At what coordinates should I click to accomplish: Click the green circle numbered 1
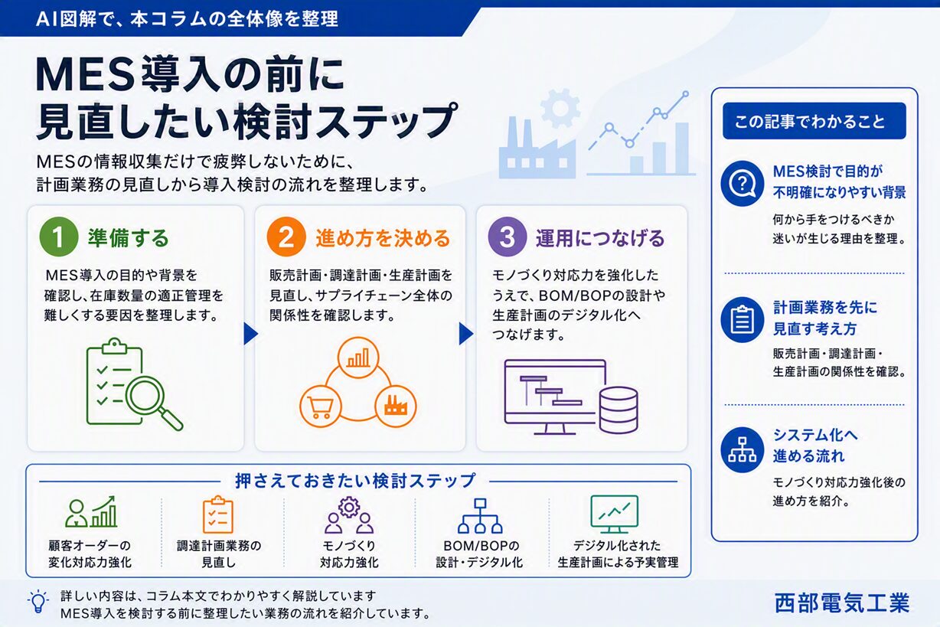coord(59,237)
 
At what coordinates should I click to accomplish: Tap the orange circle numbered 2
coord(286,237)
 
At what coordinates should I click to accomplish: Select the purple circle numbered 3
coord(508,237)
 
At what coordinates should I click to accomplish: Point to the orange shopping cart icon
coord(321,407)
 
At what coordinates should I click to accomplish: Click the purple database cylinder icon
coord(619,410)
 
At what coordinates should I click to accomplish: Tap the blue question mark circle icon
coord(743,184)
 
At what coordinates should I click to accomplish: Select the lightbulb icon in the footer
coord(38,602)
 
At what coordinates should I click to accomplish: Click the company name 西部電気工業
coord(842,603)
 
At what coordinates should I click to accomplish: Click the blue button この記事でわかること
coord(814,121)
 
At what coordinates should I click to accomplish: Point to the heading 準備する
coord(128,238)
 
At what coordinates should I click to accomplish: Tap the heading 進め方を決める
coord(383,238)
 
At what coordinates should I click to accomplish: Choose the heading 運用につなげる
coord(600,238)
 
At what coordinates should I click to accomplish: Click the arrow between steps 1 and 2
coord(250,334)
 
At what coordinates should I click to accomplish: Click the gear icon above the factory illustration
coord(560,108)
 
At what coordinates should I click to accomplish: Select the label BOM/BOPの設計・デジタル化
coord(479,554)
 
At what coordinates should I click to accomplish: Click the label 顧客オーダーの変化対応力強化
coord(90,554)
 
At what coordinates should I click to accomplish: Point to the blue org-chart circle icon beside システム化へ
coord(743,449)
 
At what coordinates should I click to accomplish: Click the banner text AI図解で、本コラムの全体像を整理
coord(188,19)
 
